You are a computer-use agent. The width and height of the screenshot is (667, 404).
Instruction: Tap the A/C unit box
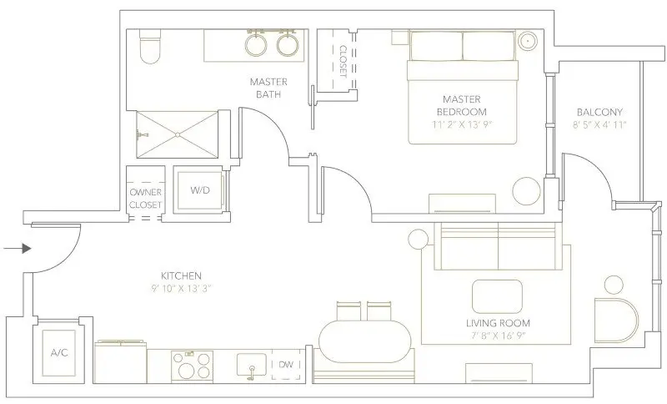(x=58, y=352)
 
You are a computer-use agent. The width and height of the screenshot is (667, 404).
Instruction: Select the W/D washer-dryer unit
(x=199, y=190)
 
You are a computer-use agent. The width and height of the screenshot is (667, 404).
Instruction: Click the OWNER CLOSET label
(x=145, y=197)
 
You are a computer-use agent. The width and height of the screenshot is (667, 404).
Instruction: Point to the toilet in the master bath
(x=150, y=47)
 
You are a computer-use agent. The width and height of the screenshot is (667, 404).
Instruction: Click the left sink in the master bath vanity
(x=257, y=45)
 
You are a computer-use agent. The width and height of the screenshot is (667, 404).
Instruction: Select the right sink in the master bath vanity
(x=288, y=45)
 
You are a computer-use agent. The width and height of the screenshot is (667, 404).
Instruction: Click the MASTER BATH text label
(x=268, y=88)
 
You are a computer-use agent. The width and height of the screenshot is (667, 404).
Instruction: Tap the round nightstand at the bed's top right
(x=527, y=40)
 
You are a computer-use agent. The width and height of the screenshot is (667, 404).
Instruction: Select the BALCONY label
(x=599, y=112)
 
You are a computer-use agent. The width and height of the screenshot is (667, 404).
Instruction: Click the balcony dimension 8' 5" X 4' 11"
(x=599, y=124)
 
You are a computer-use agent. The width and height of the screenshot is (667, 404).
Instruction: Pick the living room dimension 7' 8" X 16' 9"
(x=499, y=336)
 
